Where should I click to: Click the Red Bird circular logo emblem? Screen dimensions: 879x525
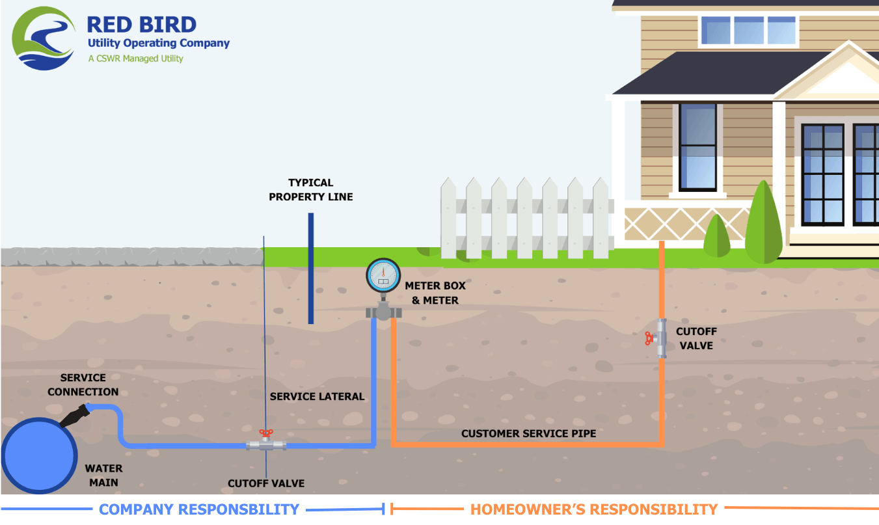(43, 38)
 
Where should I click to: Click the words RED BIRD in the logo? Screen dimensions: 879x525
(141, 25)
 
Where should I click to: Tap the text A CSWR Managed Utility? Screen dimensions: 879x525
(135, 59)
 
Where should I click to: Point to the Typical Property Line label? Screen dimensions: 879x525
(311, 189)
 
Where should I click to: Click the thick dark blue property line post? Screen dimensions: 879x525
(311, 269)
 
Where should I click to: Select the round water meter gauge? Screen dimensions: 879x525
(383, 275)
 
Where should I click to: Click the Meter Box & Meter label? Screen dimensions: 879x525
(435, 293)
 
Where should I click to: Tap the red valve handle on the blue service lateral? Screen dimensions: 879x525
(266, 433)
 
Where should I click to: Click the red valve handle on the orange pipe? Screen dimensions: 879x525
(649, 338)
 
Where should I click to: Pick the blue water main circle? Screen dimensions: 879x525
(39, 455)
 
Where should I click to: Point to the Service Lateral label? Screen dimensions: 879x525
(317, 396)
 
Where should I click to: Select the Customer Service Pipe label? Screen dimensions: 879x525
(528, 433)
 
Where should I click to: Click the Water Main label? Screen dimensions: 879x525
(103, 475)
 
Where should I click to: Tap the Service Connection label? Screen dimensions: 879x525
(83, 384)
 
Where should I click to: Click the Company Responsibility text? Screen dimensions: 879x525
(199, 509)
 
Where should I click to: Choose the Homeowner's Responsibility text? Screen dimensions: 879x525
(594, 509)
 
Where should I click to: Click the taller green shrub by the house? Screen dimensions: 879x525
(764, 224)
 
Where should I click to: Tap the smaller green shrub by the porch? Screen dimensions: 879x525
(717, 237)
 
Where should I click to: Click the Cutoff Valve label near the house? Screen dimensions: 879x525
(696, 338)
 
